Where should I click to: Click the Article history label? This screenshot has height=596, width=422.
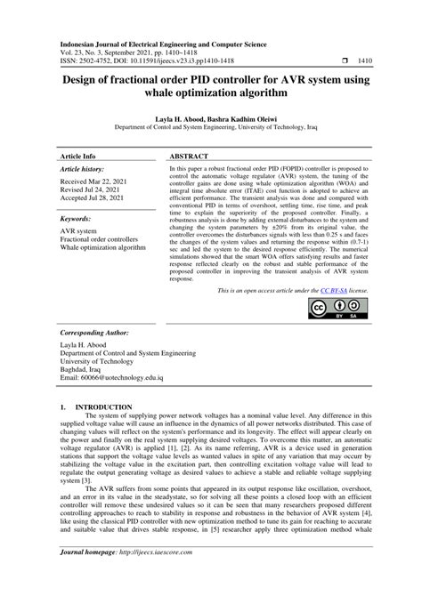(x=82, y=167)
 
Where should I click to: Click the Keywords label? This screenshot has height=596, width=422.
(x=77, y=218)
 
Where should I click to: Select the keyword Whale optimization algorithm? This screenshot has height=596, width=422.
(x=101, y=248)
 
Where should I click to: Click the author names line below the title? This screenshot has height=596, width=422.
(x=211, y=117)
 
